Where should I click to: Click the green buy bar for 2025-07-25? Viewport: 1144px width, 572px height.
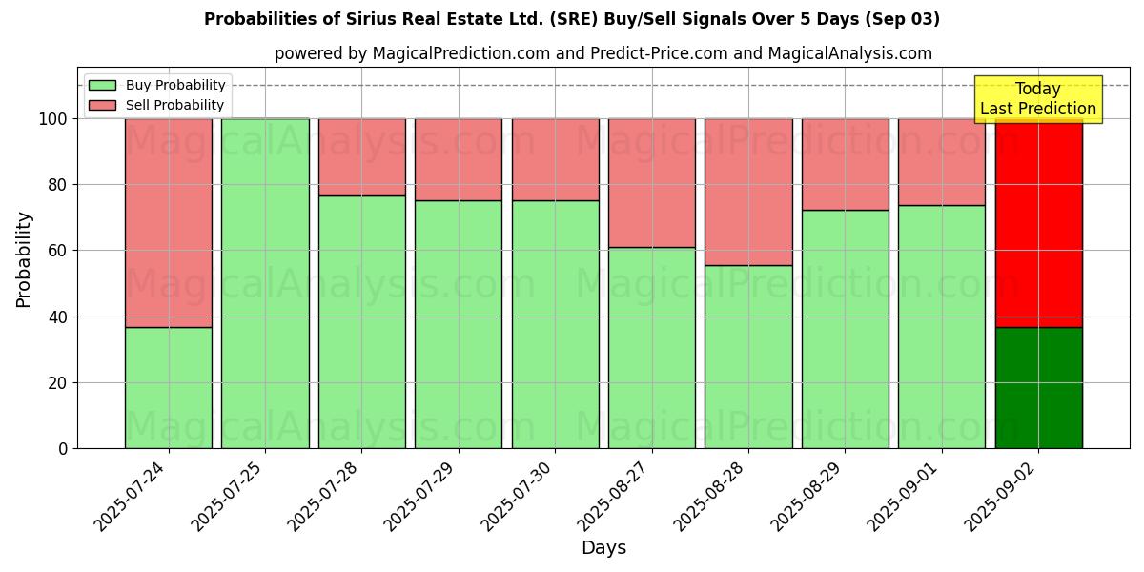[265, 283]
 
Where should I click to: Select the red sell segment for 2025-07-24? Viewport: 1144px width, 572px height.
[169, 223]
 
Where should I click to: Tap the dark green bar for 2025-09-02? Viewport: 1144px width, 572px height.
[1038, 387]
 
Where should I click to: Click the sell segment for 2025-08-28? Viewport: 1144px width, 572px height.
[748, 192]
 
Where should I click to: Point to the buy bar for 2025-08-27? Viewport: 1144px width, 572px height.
[652, 348]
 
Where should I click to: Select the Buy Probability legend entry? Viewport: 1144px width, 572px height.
[157, 85]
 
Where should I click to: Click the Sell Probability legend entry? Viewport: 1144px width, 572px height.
[157, 105]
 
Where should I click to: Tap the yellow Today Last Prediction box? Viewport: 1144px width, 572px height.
[1037, 99]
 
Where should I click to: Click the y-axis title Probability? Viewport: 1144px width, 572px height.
[24, 259]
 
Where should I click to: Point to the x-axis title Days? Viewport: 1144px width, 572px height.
[603, 548]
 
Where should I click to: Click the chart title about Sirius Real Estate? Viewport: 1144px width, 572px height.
[572, 19]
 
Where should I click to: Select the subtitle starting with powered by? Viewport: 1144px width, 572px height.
[603, 53]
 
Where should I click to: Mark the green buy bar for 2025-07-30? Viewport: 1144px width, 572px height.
[556, 324]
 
